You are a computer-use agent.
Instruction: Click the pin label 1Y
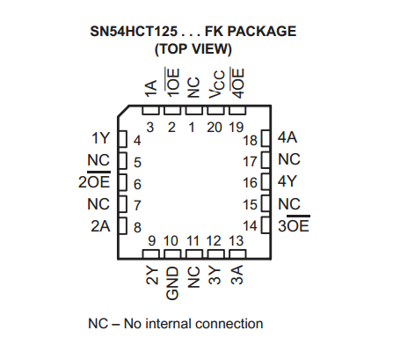[x=101, y=138]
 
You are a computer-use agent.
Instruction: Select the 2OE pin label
[x=94, y=180]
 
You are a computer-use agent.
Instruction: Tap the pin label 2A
[x=100, y=226]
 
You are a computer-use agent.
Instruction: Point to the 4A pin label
[x=287, y=137]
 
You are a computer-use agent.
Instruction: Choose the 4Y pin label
[x=287, y=181]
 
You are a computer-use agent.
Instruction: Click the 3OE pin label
[x=294, y=224]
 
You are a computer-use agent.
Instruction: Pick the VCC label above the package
[x=216, y=84]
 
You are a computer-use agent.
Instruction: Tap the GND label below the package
[x=172, y=283]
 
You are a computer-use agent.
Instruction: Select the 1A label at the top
[x=151, y=89]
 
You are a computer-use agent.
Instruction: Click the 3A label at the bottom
[x=237, y=275]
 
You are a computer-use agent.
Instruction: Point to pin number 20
[x=215, y=128]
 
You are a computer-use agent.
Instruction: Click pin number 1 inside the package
[x=192, y=128]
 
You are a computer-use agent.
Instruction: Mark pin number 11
[x=193, y=241]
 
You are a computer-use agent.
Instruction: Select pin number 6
[x=137, y=184]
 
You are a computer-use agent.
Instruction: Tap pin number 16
[x=250, y=183]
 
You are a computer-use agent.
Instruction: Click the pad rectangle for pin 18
[x=266, y=138]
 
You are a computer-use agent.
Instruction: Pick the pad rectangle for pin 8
[x=123, y=225]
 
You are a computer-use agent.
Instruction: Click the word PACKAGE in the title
[x=262, y=31]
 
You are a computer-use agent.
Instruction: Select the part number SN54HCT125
[x=134, y=31]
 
